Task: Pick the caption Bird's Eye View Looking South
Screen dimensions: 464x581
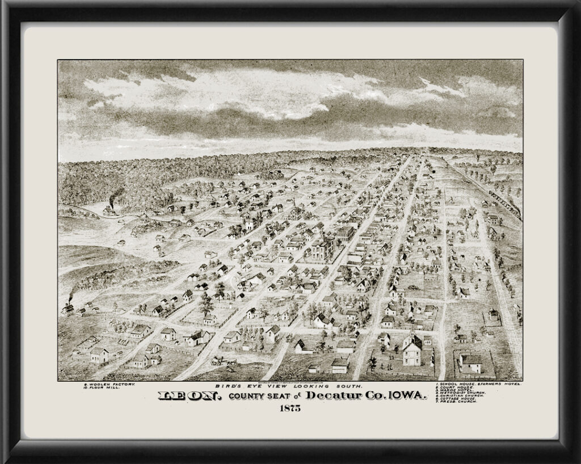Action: click(x=290, y=386)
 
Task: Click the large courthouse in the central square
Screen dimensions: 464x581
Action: click(x=320, y=248)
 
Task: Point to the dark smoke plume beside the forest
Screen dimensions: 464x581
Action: click(x=116, y=196)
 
